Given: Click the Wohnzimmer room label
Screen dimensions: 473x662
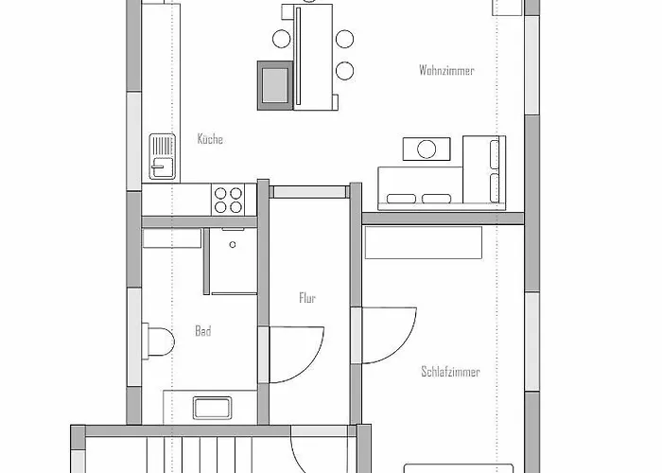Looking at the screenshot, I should pyautogui.click(x=446, y=71).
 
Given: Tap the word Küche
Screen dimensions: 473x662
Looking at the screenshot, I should pyautogui.click(x=210, y=140).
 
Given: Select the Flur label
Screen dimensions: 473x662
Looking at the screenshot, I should pyautogui.click(x=306, y=298).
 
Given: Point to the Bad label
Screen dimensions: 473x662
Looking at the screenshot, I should pyautogui.click(x=202, y=331).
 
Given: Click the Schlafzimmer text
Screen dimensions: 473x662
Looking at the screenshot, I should pyautogui.click(x=450, y=372).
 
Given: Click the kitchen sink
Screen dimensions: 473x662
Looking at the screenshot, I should pyautogui.click(x=162, y=156).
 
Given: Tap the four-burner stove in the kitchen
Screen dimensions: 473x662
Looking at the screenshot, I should pyautogui.click(x=228, y=199).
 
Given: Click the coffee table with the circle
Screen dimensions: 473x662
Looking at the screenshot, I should pyautogui.click(x=425, y=149).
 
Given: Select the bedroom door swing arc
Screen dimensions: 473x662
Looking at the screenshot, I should pyautogui.click(x=388, y=331).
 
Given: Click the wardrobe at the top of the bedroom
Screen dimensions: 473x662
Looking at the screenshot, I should pyautogui.click(x=423, y=242).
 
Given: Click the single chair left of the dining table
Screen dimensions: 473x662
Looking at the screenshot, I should pyautogui.click(x=282, y=39).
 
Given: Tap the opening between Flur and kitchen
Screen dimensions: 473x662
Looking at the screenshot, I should pyautogui.click(x=309, y=191).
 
